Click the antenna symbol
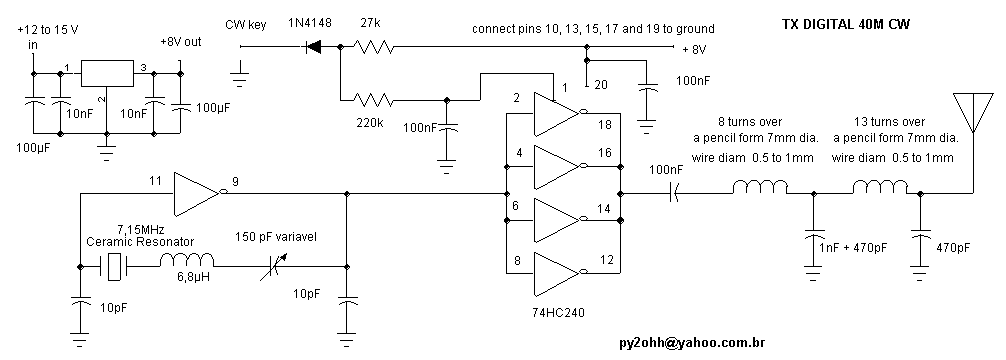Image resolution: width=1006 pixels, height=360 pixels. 973,112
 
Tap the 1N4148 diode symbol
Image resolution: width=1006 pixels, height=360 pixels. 313,46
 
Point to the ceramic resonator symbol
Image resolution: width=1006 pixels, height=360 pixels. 114,266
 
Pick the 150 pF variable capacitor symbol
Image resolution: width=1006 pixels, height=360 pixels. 273,266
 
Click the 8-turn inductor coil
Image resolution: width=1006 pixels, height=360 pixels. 760,186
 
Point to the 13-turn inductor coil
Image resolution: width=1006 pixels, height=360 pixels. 880,186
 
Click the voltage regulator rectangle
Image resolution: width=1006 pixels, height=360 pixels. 107,73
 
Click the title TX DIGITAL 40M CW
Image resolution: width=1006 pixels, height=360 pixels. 845,25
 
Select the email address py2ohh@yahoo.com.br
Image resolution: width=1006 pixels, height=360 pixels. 692,343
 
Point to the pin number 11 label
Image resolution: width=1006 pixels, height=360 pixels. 155,182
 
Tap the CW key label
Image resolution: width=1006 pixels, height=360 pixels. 245,25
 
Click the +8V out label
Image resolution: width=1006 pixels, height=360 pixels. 180,42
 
